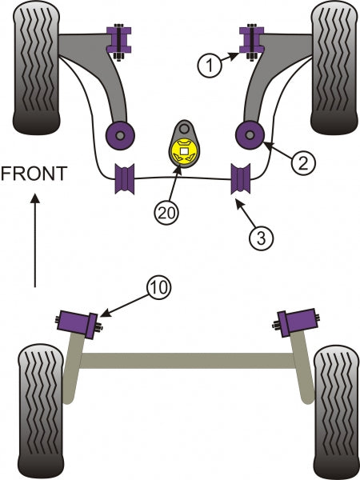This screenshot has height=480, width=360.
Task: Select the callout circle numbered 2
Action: [303, 164]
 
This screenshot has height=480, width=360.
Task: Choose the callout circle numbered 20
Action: [167, 213]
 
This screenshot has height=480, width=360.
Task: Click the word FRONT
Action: [32, 174]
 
